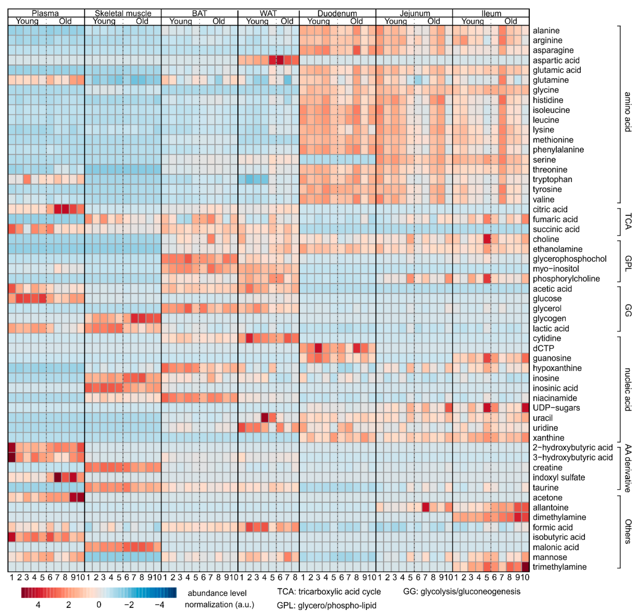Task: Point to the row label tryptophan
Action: pos(552,179)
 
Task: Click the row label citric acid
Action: pos(550,209)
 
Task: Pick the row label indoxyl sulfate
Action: pos(559,478)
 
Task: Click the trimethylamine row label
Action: pos(559,567)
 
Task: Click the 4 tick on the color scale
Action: pos(38,605)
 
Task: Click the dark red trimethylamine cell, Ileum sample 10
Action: pos(525,567)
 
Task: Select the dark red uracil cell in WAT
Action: pos(264,418)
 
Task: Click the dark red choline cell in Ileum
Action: pos(487,239)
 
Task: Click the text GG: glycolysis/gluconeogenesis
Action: pos(461,591)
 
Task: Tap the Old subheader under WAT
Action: pos(287,21)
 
